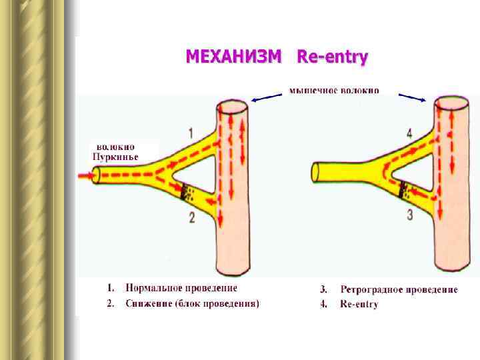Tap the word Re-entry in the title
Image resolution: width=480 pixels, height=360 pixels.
[332, 57]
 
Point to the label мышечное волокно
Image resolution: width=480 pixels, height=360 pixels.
[334, 90]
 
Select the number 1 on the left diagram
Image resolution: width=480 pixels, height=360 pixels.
[191, 133]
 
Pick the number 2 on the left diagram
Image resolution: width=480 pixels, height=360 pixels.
[192, 217]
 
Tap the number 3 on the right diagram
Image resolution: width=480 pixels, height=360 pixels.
[409, 214]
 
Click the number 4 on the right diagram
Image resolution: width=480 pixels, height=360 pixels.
[409, 133]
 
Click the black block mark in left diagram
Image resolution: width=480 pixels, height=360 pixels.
[186, 192]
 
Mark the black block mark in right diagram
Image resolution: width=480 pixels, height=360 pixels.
[403, 191]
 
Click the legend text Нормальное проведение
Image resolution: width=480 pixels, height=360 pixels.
[181, 288]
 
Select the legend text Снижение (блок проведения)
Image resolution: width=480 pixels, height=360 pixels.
[192, 303]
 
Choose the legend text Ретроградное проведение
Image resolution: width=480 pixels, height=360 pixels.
[399, 289]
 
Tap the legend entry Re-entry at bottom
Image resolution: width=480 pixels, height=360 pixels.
[359, 305]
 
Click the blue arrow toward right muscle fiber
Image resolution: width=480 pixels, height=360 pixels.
[412, 97]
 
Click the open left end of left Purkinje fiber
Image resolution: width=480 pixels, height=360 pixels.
[96, 176]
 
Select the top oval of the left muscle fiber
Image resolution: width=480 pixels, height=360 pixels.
[232, 108]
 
